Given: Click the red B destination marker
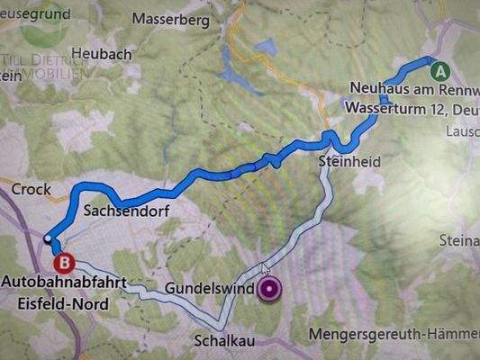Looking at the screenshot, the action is pos(64,263).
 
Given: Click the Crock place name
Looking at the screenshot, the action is pos(31,190).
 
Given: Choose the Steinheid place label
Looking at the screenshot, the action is pos(349,161).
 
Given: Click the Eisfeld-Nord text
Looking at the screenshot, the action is pos(63,303).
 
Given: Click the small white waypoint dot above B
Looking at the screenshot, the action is pos(48,238).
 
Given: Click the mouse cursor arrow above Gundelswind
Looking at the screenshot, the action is pos(265,268).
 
